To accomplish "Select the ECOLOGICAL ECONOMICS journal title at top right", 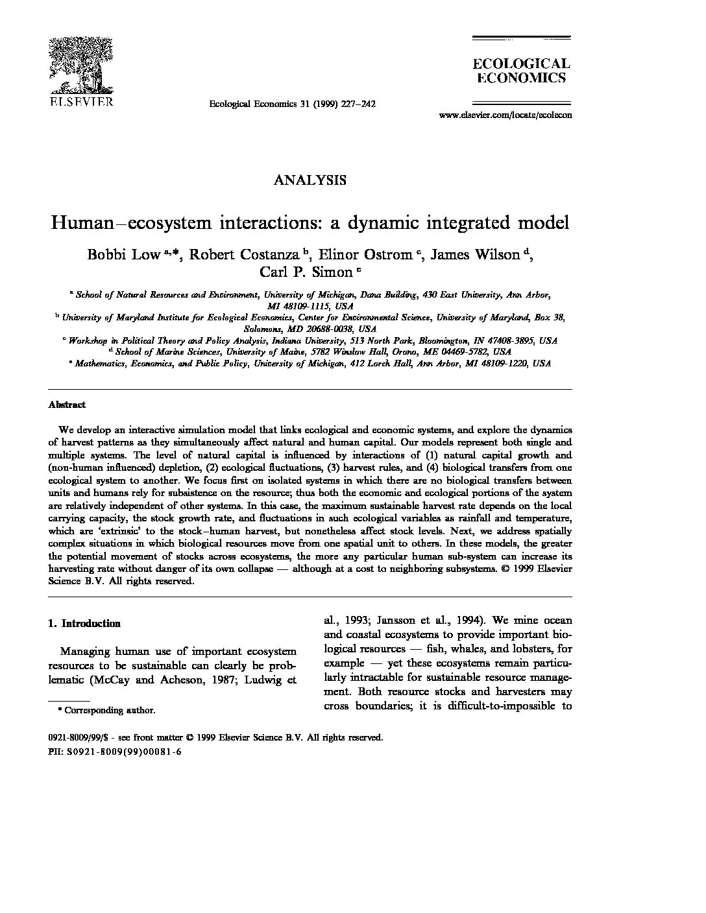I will click(x=520, y=71).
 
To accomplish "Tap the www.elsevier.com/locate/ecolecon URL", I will click(x=505, y=115).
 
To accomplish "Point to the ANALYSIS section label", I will click(x=310, y=180).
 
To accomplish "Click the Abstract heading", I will click(x=67, y=405).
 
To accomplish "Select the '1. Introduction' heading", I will click(x=84, y=624).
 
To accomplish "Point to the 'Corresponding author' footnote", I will click(x=110, y=710).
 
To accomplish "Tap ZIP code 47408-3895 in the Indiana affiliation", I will click(x=502, y=340).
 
